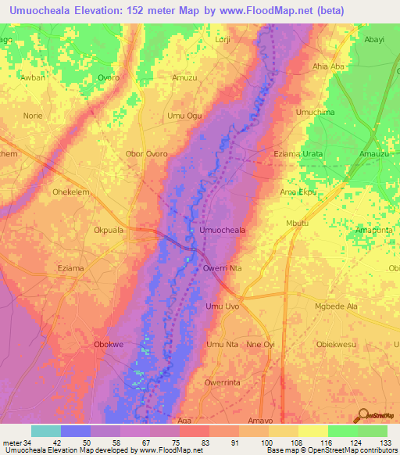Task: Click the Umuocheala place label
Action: pos(223,231)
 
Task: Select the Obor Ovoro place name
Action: pos(146,154)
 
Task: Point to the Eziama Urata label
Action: pos(298,154)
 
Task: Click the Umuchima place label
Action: pos(316,113)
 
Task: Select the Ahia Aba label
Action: pos(328,66)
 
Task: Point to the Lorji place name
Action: pos(224,38)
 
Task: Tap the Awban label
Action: pos(33,78)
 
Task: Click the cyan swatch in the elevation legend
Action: pos(46,431)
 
